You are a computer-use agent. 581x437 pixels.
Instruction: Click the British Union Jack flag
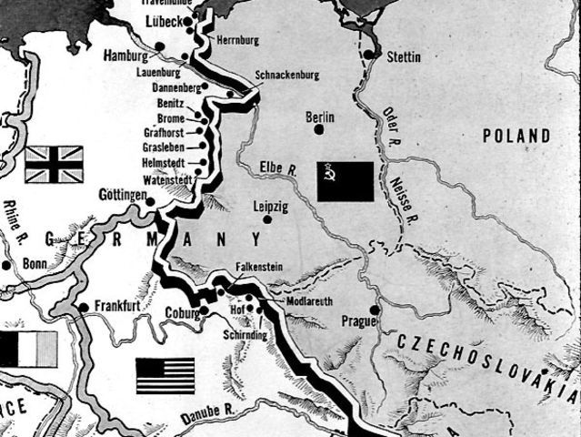pyautogui.click(x=54, y=164)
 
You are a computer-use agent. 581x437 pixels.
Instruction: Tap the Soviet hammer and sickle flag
pyautogui.click(x=346, y=180)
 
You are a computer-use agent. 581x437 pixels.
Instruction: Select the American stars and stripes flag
pyautogui.click(x=165, y=374)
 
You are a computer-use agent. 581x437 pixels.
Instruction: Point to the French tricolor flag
pyautogui.click(x=27, y=349)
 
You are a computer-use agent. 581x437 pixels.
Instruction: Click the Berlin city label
pyautogui.click(x=320, y=117)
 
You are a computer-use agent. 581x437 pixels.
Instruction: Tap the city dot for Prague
pyautogui.click(x=374, y=310)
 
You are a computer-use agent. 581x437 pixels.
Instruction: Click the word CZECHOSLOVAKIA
pyautogui.click(x=486, y=360)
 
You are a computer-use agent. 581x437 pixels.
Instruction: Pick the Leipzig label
pyautogui.click(x=272, y=207)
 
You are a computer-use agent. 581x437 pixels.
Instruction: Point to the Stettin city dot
pyautogui.click(x=369, y=55)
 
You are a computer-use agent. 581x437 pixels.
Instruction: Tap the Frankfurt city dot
pyautogui.click(x=84, y=307)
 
